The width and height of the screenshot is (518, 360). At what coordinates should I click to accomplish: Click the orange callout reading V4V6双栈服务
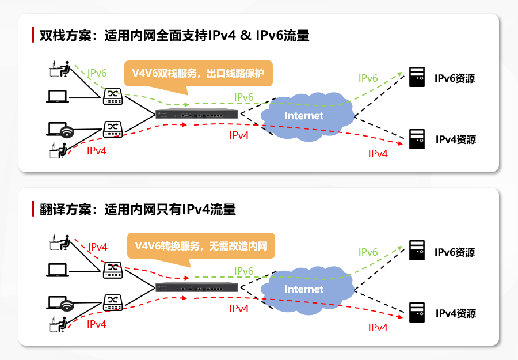[198, 73]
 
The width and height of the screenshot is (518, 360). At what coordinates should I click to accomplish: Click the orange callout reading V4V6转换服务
[201, 246]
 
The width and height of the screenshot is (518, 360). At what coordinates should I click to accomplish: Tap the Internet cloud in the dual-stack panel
[307, 116]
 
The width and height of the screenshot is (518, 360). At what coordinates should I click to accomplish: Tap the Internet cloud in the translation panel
[307, 290]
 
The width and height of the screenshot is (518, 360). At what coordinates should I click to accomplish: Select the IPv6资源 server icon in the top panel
[417, 77]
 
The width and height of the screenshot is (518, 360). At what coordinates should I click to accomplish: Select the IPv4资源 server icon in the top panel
[417, 139]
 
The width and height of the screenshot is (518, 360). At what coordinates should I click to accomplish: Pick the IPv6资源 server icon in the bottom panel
[417, 250]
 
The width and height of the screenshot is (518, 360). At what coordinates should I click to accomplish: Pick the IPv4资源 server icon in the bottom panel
[417, 312]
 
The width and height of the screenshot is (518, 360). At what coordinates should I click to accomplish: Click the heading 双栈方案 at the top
[65, 35]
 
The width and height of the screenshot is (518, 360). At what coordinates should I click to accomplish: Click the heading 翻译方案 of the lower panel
[65, 209]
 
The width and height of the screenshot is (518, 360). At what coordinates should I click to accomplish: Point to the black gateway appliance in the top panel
[197, 113]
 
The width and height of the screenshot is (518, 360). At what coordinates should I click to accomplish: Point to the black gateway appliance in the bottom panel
[197, 287]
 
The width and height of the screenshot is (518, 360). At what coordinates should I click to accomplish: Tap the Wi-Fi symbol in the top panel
[67, 132]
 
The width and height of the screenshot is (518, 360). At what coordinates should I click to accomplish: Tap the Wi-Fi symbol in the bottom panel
[67, 305]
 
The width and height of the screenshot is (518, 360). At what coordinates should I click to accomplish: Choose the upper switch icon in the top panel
[113, 97]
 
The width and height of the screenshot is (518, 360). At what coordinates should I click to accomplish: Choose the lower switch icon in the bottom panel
[113, 302]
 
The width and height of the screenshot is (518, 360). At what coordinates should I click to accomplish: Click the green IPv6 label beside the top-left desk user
[97, 73]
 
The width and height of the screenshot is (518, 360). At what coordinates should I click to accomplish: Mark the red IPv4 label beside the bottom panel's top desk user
[97, 247]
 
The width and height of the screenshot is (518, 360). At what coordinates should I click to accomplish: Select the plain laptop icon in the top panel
[58, 97]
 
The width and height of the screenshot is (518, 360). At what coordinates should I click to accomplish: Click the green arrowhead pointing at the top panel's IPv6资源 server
[400, 74]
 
